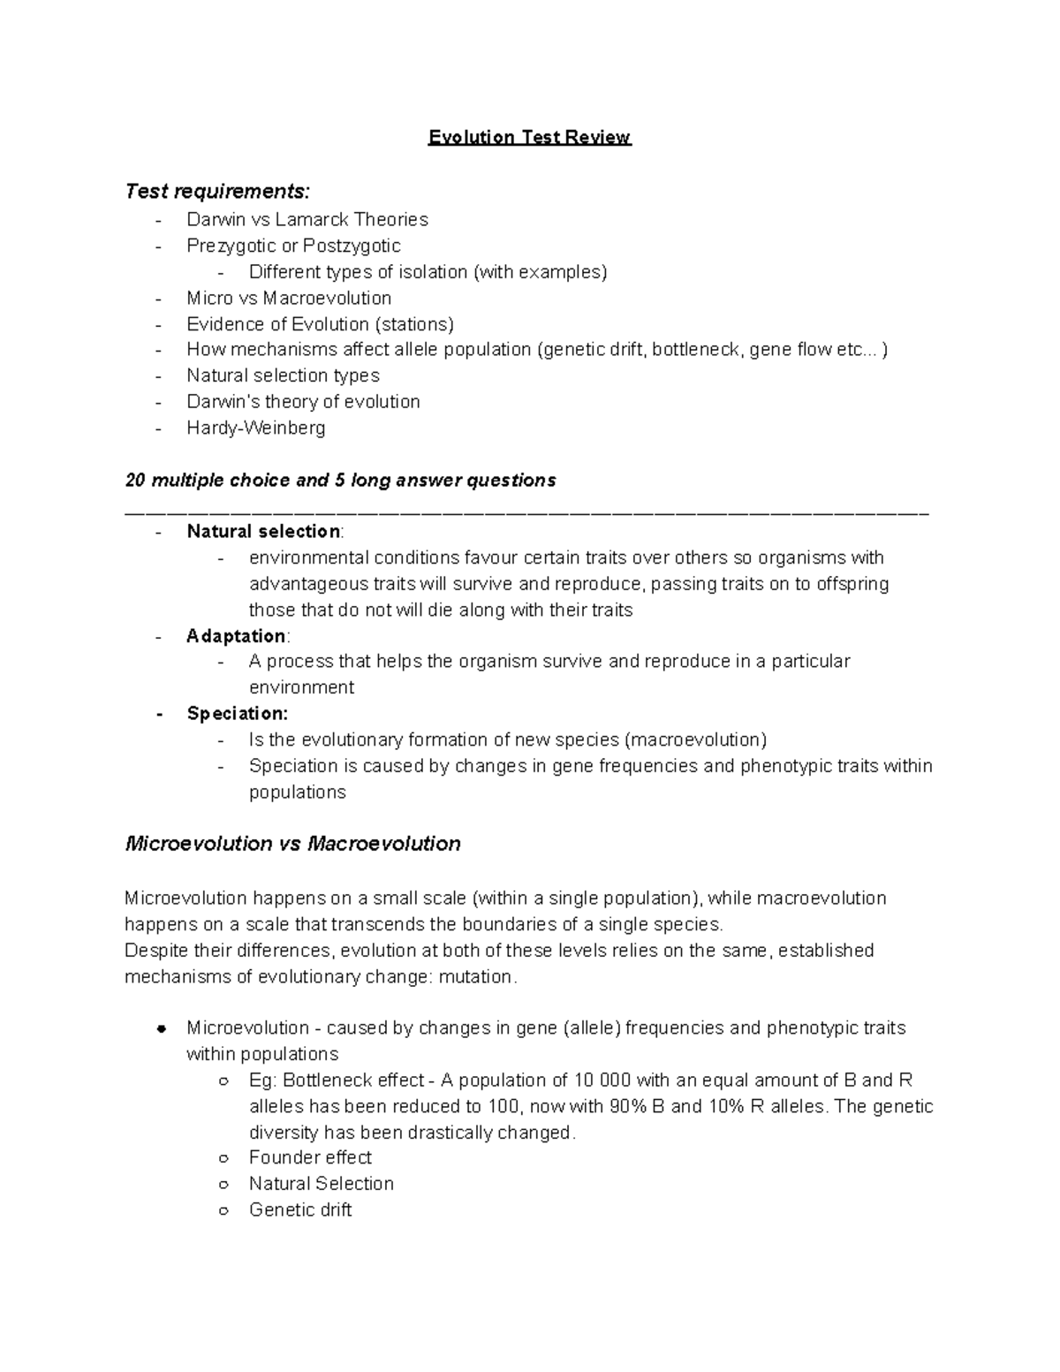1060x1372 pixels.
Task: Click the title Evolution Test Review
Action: click(529, 138)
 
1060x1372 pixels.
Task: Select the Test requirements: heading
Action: click(217, 191)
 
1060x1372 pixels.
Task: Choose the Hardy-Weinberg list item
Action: click(255, 428)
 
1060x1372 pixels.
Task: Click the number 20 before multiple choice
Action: click(135, 481)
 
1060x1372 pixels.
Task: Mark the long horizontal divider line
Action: click(527, 512)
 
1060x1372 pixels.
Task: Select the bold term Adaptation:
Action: click(238, 636)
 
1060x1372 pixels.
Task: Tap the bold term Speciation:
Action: click(237, 714)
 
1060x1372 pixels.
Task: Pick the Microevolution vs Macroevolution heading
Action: click(292, 844)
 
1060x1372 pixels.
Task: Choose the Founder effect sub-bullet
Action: click(310, 1158)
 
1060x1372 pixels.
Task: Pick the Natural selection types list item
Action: click(283, 376)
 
